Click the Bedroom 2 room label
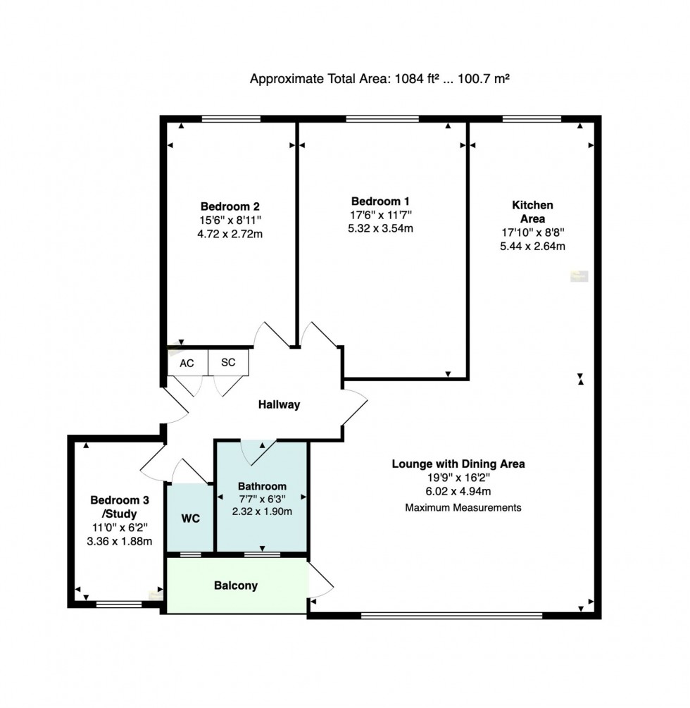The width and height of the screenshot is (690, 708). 230,206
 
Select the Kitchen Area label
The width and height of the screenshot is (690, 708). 532,211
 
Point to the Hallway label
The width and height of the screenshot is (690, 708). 279,404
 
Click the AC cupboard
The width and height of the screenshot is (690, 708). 187,363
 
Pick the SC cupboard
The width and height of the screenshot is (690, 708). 228,363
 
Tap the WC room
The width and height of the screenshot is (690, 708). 190,518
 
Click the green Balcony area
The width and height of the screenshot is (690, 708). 237,585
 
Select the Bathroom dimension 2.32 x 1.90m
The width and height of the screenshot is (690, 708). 262,511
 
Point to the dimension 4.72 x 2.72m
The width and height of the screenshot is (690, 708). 230,234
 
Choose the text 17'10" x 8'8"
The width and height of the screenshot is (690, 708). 532,232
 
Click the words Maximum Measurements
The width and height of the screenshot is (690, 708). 463,507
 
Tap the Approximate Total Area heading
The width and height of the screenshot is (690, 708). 379,79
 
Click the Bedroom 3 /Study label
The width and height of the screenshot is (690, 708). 120,507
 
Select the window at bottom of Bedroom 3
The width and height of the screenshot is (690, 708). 118,604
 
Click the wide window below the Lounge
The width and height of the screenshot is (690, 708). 451,615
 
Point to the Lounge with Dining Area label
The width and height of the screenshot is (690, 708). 458,464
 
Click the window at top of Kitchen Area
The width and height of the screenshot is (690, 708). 532,118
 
